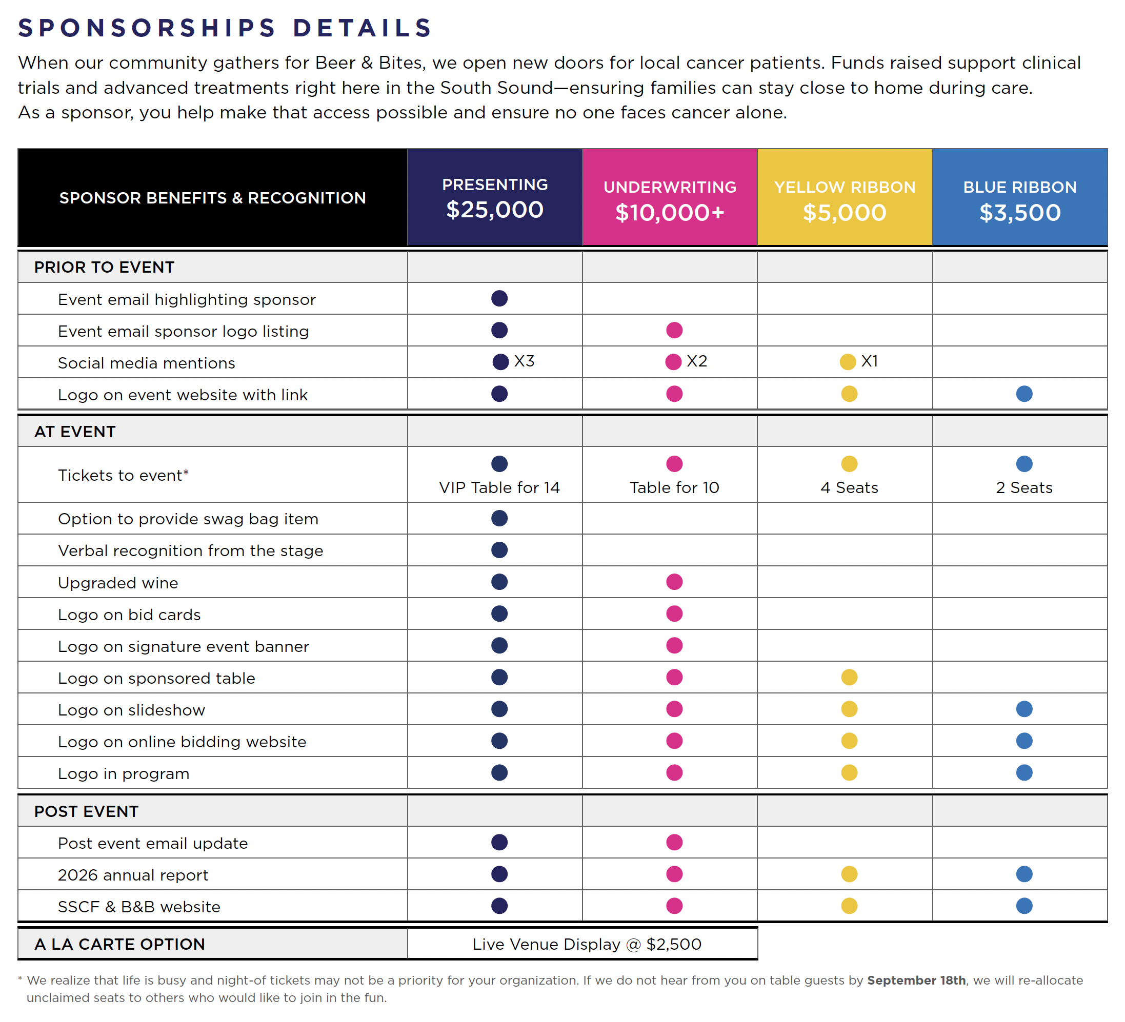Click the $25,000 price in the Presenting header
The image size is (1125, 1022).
pyautogui.click(x=494, y=210)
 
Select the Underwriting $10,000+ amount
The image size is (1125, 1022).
pyautogui.click(x=670, y=213)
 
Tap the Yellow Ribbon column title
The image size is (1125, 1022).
pyautogui.click(x=845, y=188)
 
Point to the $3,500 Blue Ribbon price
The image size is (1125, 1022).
pyautogui.click(x=1019, y=213)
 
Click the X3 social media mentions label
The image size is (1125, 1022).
pyautogui.click(x=524, y=361)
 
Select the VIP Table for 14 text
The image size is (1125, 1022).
pyautogui.click(x=499, y=487)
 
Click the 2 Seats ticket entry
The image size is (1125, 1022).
pyautogui.click(x=1024, y=487)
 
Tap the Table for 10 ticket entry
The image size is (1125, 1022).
pyautogui.click(x=674, y=487)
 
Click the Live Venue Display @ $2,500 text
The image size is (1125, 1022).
pyautogui.click(x=587, y=944)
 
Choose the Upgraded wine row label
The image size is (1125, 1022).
pyautogui.click(x=118, y=583)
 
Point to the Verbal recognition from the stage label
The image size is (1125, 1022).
pyautogui.click(x=190, y=550)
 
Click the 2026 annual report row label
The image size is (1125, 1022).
pyautogui.click(x=133, y=875)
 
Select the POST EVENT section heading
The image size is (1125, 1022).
pyautogui.click(x=86, y=811)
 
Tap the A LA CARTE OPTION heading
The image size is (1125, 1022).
pyautogui.click(x=119, y=944)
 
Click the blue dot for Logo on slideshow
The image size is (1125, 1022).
pyautogui.click(x=1024, y=709)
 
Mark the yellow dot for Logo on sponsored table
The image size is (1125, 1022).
pyautogui.click(x=849, y=677)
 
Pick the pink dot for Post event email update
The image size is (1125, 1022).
pyautogui.click(x=674, y=843)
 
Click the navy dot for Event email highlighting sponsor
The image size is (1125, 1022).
pyautogui.click(x=499, y=298)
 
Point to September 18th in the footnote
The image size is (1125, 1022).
pyautogui.click(x=916, y=980)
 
